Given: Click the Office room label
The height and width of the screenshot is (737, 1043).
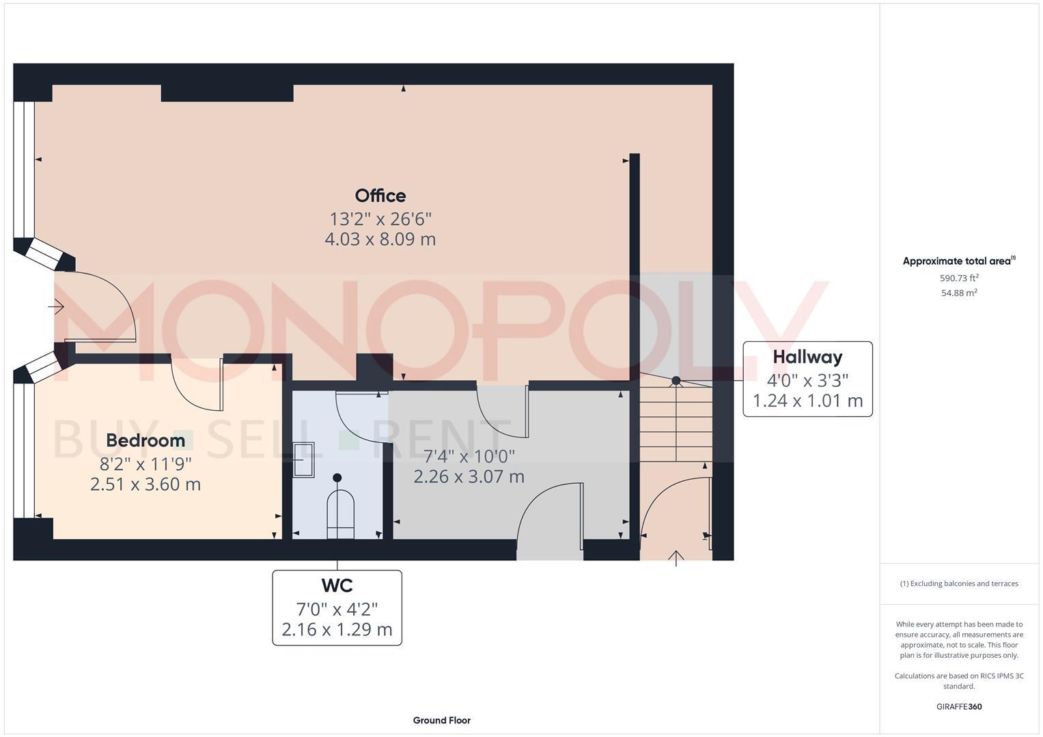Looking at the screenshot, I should tap(380, 196).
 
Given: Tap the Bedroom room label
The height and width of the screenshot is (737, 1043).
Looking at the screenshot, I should tap(145, 441).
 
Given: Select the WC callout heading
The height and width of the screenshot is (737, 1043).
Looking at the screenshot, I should tap(337, 586).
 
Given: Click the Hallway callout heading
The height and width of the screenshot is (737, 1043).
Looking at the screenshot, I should tap(807, 357).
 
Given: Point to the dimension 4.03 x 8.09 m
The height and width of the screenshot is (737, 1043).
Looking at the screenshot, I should tap(380, 240).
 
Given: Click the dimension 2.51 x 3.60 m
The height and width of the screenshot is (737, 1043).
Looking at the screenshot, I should tap(145, 485).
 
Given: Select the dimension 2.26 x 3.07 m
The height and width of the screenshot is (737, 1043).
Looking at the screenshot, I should tap(469, 476).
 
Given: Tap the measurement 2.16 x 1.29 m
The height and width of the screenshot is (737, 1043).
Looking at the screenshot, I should tap(337, 629).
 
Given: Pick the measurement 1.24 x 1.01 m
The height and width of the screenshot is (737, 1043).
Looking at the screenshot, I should tap(807, 401).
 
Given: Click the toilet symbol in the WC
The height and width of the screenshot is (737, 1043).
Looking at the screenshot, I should tap(340, 512).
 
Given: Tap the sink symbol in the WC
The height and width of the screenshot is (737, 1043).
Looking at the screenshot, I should tap(303, 459).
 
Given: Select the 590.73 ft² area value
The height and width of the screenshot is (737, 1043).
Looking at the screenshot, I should tap(959, 278).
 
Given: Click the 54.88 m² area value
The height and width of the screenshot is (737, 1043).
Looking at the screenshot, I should tap(959, 293).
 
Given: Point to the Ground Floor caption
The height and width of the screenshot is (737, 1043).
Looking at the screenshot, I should tap(441, 720).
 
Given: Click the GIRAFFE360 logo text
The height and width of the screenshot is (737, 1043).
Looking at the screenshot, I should tap(959, 706).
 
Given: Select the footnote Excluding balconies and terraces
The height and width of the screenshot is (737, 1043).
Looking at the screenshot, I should tap(959, 583).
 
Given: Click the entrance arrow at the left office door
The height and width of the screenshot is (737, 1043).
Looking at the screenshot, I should tap(56, 307).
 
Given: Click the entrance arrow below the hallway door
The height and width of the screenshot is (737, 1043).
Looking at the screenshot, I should tap(676, 558).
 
